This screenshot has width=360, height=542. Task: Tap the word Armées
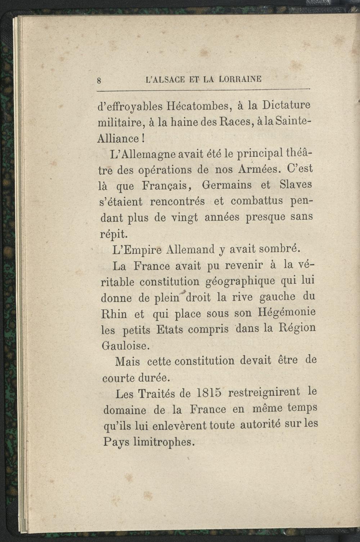[x=256, y=170]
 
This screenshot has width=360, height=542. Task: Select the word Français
[x=166, y=186]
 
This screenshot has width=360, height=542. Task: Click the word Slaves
[x=295, y=185]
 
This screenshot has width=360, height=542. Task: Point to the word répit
[x=113, y=234]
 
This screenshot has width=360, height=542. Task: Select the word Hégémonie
[x=286, y=312]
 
